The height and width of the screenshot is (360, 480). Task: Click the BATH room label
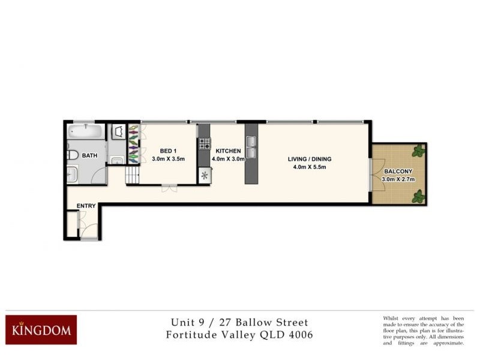coord(90,155)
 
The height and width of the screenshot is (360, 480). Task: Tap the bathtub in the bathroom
coord(86,131)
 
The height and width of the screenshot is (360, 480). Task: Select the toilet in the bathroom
coord(73,155)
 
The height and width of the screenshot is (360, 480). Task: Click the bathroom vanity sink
coord(71,174)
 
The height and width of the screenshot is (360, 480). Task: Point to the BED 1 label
coord(167,151)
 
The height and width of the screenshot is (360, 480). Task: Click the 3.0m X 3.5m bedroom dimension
coord(167,159)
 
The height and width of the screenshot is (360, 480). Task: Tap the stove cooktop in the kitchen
coord(205,143)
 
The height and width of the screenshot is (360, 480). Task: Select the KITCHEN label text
coord(228,151)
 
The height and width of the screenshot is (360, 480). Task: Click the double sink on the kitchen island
coord(250,147)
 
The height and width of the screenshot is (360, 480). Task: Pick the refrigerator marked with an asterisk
coord(205,176)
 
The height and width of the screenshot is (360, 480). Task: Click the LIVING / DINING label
coord(309,159)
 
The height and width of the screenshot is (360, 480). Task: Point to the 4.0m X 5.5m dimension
coord(309,167)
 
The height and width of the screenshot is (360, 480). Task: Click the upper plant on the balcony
coord(417,152)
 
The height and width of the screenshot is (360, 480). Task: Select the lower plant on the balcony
coord(418,196)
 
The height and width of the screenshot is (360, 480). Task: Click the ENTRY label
coord(86,206)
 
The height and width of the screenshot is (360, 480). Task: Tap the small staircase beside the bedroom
coord(131,176)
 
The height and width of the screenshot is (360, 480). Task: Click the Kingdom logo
coord(41,329)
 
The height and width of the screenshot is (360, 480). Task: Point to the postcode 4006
coord(298,335)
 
